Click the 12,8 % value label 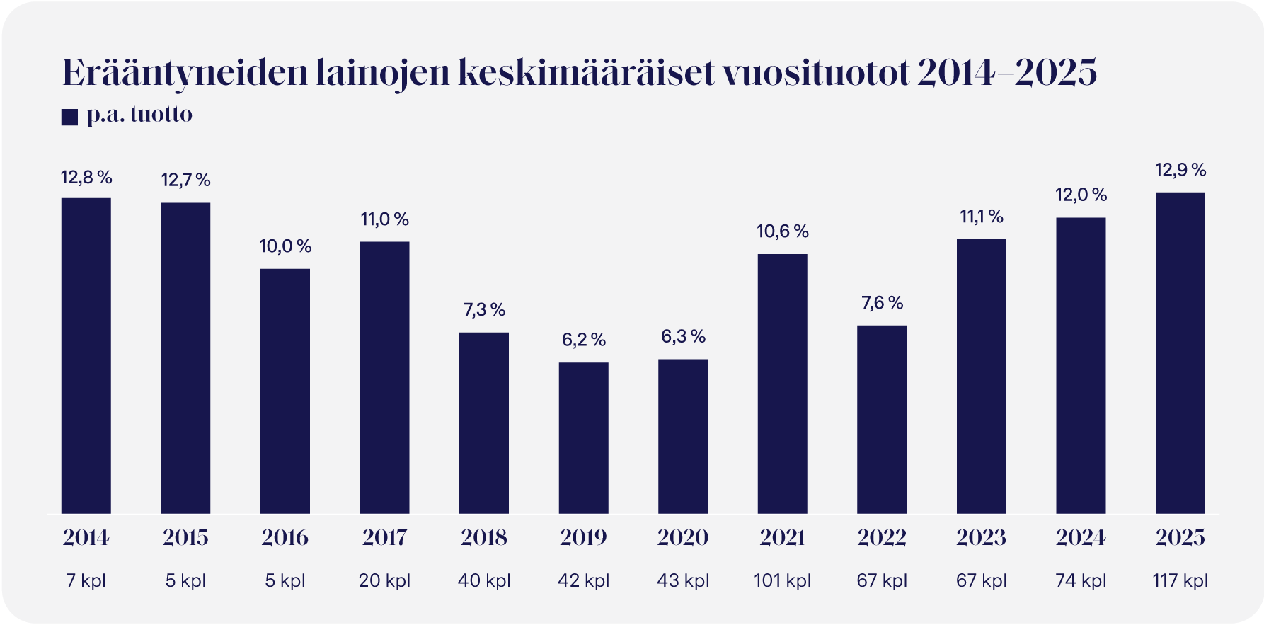pyautogui.click(x=86, y=178)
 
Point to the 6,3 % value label pyautogui.click(x=683, y=337)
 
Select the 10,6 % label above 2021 pyautogui.click(x=782, y=231)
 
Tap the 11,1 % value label pyautogui.click(x=981, y=217)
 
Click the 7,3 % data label pyautogui.click(x=484, y=310)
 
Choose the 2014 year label pyautogui.click(x=86, y=538)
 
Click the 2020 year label pyautogui.click(x=683, y=538)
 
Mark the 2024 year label pyautogui.click(x=1081, y=538)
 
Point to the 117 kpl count pyautogui.click(x=1180, y=581)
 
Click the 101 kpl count pyautogui.click(x=782, y=581)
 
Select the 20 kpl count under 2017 pyautogui.click(x=384, y=581)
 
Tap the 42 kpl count pyautogui.click(x=583, y=581)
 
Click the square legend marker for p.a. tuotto pyautogui.click(x=69, y=117)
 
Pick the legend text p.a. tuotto pyautogui.click(x=139, y=115)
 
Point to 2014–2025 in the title pyautogui.click(x=1006, y=72)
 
